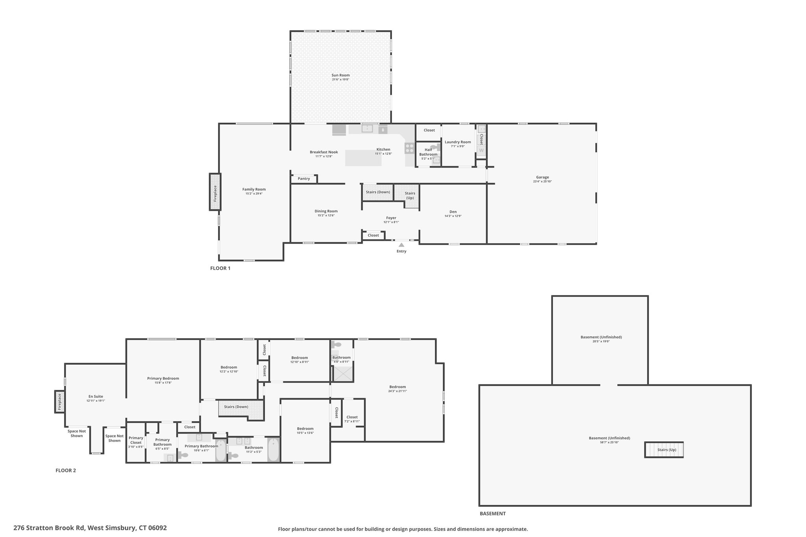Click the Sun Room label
click(340, 75)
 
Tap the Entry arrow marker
click(401, 245)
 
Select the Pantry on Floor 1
click(304, 179)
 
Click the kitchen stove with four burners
click(410, 148)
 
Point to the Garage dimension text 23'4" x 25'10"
click(542, 181)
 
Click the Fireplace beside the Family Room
click(215, 192)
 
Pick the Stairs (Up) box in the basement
click(664, 450)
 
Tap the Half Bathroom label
click(428, 152)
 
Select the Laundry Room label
click(458, 142)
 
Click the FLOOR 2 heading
click(66, 470)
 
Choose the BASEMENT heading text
click(492, 513)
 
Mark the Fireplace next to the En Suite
click(60, 402)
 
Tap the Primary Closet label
click(136, 440)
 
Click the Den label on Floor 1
click(453, 212)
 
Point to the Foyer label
click(391, 218)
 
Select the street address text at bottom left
click(90, 528)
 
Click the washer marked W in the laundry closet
click(481, 151)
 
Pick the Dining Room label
click(326, 211)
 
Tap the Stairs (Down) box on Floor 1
click(378, 192)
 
